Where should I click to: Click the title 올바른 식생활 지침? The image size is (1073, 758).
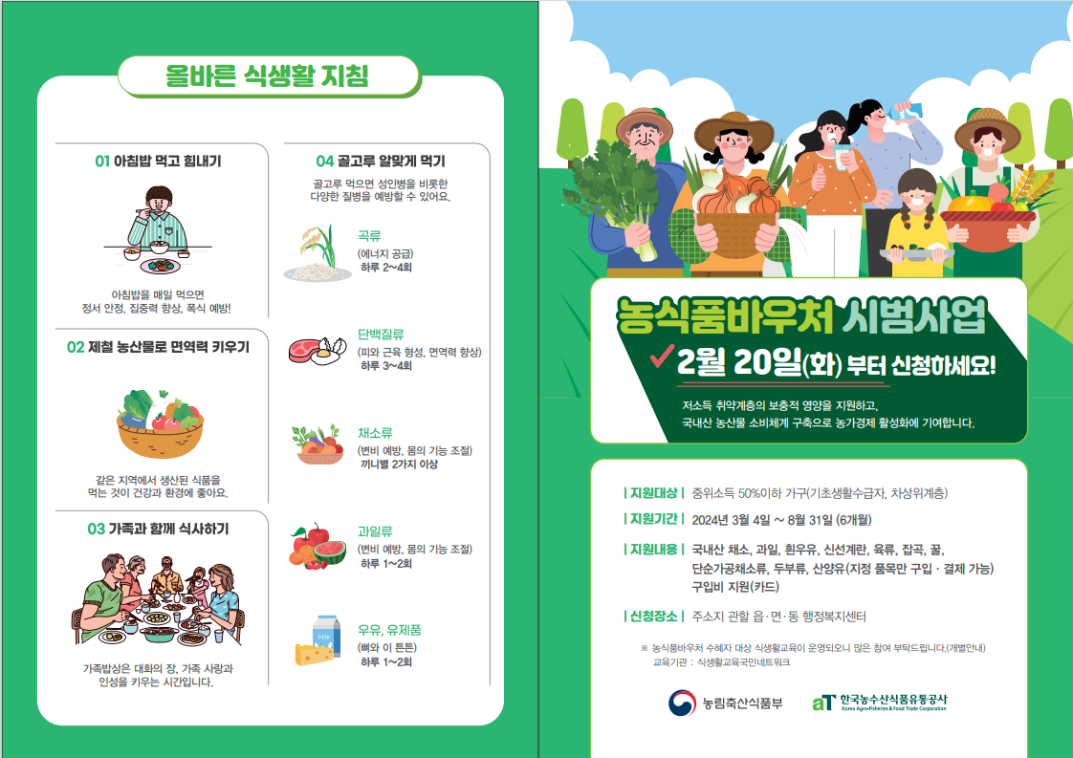coord(267,76)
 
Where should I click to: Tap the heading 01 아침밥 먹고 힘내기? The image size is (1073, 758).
coord(158,162)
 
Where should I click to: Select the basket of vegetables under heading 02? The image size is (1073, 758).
coord(160,424)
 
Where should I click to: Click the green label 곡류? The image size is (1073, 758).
coord(369,236)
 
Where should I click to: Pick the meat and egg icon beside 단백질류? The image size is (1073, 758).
coord(318,350)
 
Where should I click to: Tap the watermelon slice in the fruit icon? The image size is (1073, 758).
coord(331,552)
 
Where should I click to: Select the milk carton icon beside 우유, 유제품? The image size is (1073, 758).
coord(326,634)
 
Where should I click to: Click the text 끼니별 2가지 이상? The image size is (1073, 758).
coord(399,465)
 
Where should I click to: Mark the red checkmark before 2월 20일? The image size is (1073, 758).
coord(662,355)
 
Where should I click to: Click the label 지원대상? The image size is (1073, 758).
coord(653,493)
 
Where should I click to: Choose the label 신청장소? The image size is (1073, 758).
coord(653,617)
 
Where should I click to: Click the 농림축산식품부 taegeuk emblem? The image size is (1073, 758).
coord(682,703)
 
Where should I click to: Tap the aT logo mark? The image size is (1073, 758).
coord(824,703)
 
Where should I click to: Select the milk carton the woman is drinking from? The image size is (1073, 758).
coord(908,111)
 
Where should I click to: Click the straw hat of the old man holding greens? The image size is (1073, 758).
coord(644,121)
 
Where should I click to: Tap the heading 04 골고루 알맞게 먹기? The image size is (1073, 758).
coord(381,162)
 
